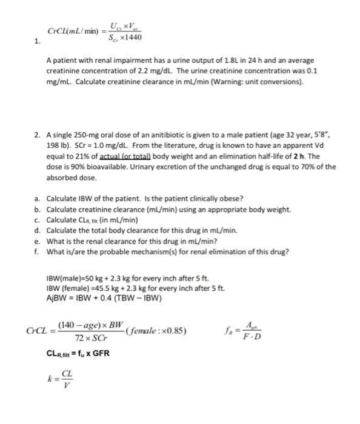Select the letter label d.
tap(38, 230)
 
